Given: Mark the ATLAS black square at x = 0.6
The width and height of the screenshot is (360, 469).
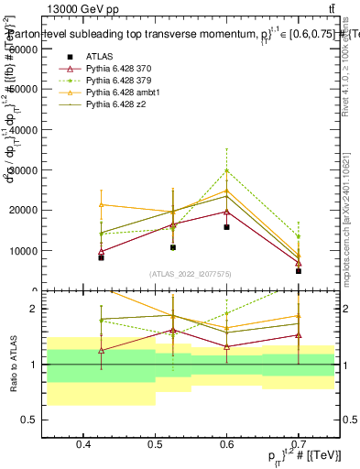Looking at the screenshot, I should pyautogui.click(x=227, y=226).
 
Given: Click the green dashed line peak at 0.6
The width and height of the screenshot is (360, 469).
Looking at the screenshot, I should pyautogui.click(x=227, y=170).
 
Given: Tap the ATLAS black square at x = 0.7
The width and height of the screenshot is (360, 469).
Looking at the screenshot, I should pyautogui.click(x=299, y=270).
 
